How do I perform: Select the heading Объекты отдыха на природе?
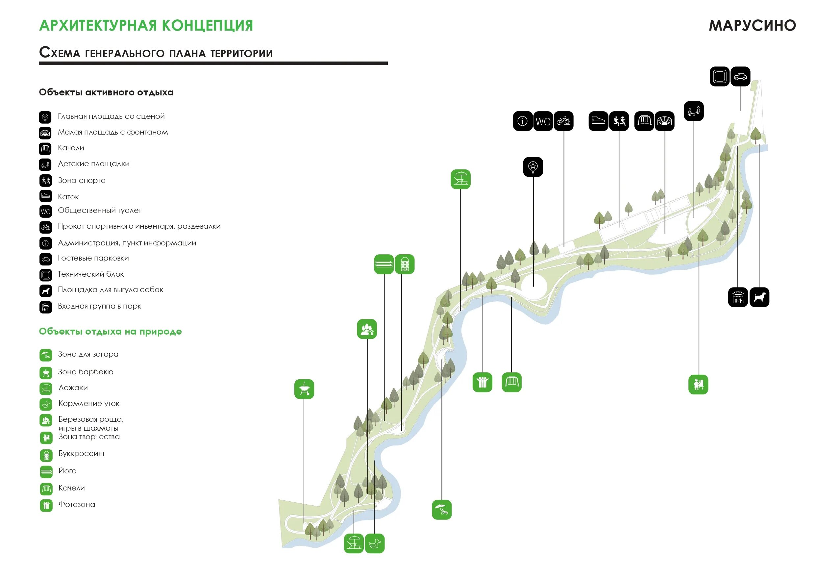[110, 332]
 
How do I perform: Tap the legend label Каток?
[68, 197]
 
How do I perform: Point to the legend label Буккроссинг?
[82, 454]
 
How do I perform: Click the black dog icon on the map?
[759, 297]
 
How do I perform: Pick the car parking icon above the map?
[740, 76]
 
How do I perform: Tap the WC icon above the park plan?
[543, 121]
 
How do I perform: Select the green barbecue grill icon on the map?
[304, 389]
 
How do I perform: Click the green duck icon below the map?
[375, 543]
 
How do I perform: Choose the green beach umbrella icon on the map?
[442, 510]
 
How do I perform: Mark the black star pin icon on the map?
[533, 167]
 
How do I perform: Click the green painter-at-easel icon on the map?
[698, 385]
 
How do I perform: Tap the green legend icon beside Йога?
[46, 472]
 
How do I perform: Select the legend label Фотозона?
[77, 505]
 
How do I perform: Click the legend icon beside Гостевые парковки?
[45, 259]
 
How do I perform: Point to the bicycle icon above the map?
[563, 121]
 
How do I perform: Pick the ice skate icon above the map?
[598, 121]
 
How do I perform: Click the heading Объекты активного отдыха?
[106, 92]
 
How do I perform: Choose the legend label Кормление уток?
[89, 404]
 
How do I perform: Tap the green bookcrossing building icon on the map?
[405, 264]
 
